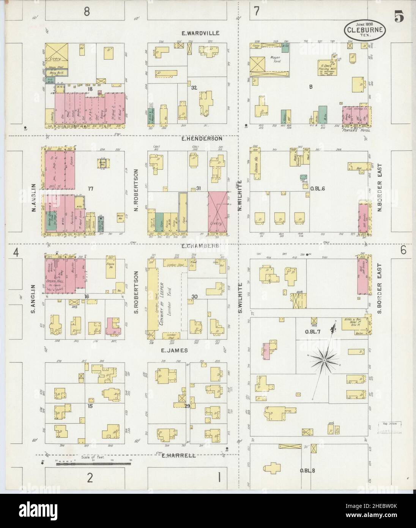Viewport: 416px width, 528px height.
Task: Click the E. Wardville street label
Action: (200, 33)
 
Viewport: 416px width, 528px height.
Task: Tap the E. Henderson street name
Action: (202, 139)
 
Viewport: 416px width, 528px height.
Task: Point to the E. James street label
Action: (174, 351)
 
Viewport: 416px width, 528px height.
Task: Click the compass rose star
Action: (325, 359)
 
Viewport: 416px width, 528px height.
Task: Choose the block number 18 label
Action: (90, 89)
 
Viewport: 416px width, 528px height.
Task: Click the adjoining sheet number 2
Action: (90, 478)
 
